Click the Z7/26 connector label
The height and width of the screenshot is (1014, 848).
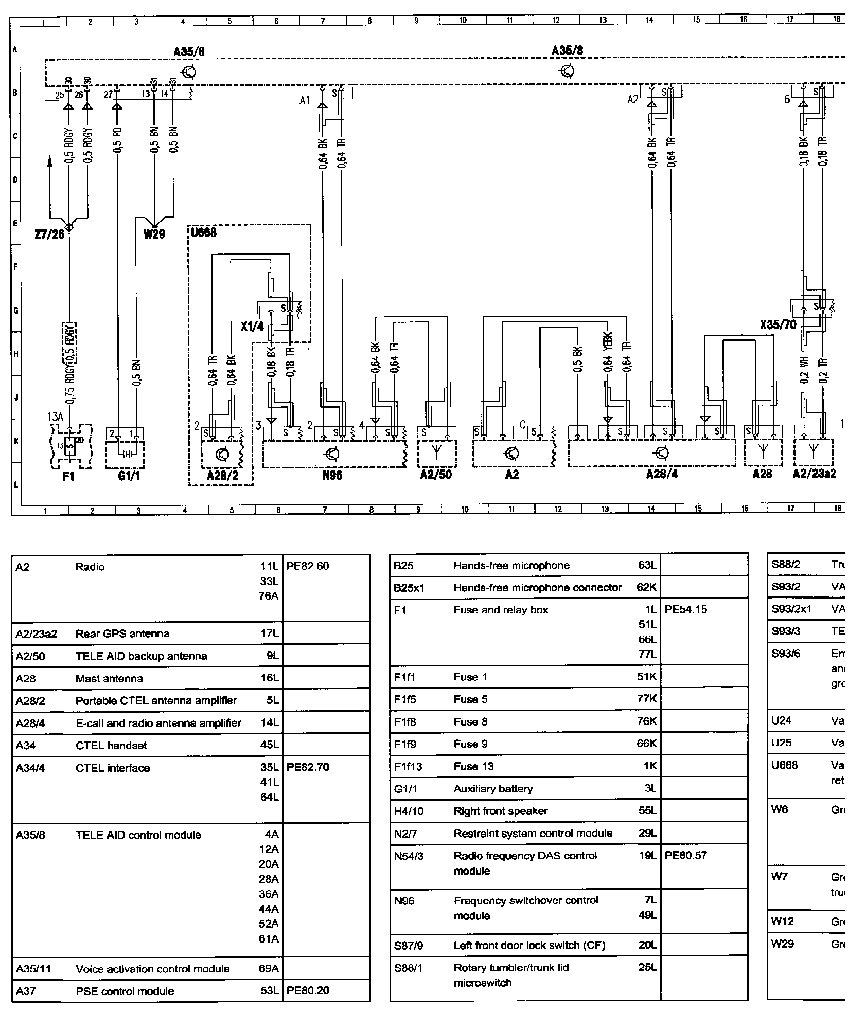click(x=49, y=234)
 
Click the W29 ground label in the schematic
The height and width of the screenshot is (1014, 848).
click(x=154, y=234)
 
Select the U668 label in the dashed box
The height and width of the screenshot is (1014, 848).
click(x=204, y=232)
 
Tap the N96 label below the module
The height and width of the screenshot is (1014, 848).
click(x=332, y=475)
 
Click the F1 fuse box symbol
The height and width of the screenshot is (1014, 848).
click(x=71, y=447)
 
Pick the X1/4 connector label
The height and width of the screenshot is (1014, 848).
click(x=252, y=327)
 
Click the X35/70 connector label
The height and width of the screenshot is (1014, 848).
click(x=778, y=324)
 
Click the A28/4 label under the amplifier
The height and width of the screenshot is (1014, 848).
click(x=662, y=475)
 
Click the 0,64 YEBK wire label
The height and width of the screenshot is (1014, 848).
click(x=608, y=357)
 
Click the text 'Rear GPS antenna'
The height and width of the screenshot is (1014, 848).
click(x=122, y=633)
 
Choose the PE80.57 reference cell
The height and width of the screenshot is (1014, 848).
click(x=686, y=856)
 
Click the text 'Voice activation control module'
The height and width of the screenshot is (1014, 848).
click(x=152, y=969)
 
